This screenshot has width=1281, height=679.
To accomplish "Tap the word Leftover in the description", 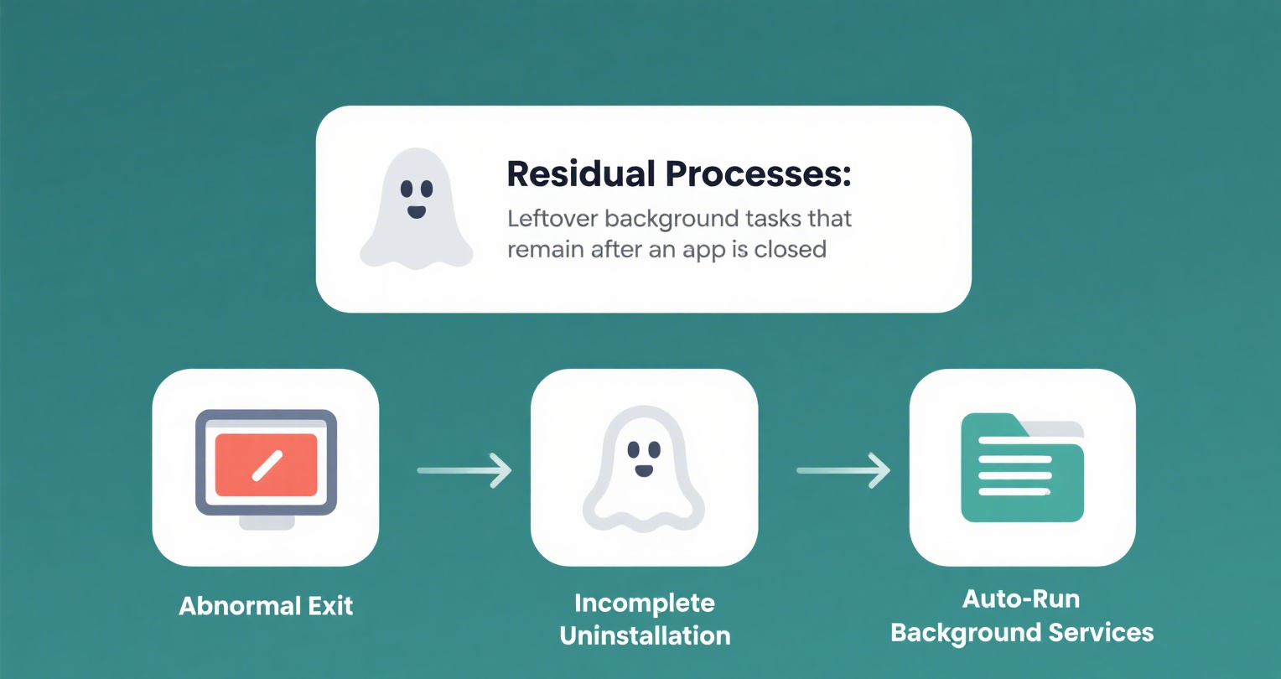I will pos(552,219).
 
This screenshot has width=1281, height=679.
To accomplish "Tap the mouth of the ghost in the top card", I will pos(417,211).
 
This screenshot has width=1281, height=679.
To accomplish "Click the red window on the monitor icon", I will pos(267,464).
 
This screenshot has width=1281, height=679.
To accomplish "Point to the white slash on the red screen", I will pos(267,466).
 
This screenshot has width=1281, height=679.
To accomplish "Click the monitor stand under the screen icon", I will pos(267,522).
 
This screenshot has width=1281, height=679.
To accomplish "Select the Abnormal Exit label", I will pos(266,606).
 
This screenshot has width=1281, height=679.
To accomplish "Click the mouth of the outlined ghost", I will pos(644,472).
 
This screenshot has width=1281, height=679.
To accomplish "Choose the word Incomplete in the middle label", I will pos(645,604).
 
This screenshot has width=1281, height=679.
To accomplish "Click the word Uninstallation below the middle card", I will pos(645,635).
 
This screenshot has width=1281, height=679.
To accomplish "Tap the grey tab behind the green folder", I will pos(1061,430).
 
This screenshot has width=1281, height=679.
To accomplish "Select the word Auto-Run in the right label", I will pos(1021,599).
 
